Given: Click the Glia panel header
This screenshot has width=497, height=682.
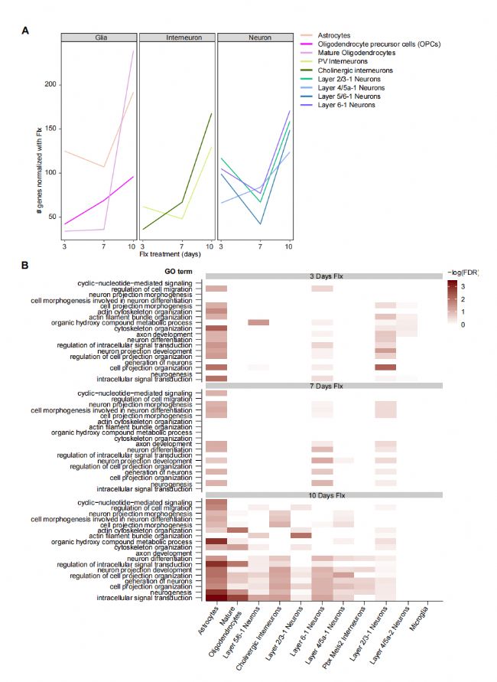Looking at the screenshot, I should [99, 37].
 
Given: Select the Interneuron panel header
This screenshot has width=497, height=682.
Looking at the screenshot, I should [177, 37].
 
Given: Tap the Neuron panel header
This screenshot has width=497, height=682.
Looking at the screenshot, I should [255, 37].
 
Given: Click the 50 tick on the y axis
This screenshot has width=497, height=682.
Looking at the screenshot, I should [52, 217].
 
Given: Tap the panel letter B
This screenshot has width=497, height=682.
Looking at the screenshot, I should [25, 265].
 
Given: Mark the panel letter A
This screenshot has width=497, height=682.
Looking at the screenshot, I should [25, 31].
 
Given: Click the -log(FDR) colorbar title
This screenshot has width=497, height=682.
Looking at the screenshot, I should [464, 272].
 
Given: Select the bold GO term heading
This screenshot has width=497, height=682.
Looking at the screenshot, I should [178, 272].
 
